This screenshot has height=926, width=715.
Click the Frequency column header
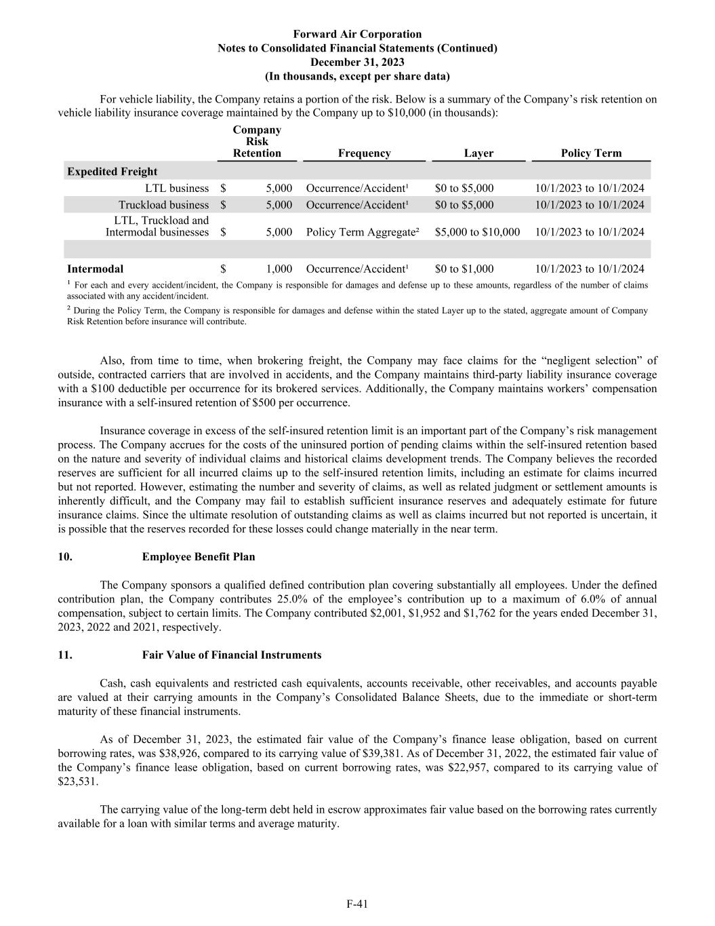coord(364,153)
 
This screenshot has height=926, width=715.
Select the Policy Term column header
coord(591,153)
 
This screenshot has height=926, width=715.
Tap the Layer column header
coord(478,153)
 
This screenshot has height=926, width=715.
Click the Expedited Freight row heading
coord(112,172)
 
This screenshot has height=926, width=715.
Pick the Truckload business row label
coord(163,205)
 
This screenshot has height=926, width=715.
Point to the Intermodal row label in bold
coord(95,269)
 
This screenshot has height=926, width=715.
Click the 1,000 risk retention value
coord(279,269)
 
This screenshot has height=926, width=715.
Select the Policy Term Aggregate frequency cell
coord(363,232)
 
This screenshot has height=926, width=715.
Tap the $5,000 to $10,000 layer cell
coord(477,232)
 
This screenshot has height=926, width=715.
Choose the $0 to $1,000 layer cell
coord(464,269)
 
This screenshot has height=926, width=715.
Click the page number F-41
coord(357,903)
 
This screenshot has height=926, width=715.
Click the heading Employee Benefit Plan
coord(199,557)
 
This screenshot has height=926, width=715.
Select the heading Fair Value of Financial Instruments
coord(232,655)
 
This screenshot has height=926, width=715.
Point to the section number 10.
coord(65,557)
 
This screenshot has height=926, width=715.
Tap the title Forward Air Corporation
coord(357,34)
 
